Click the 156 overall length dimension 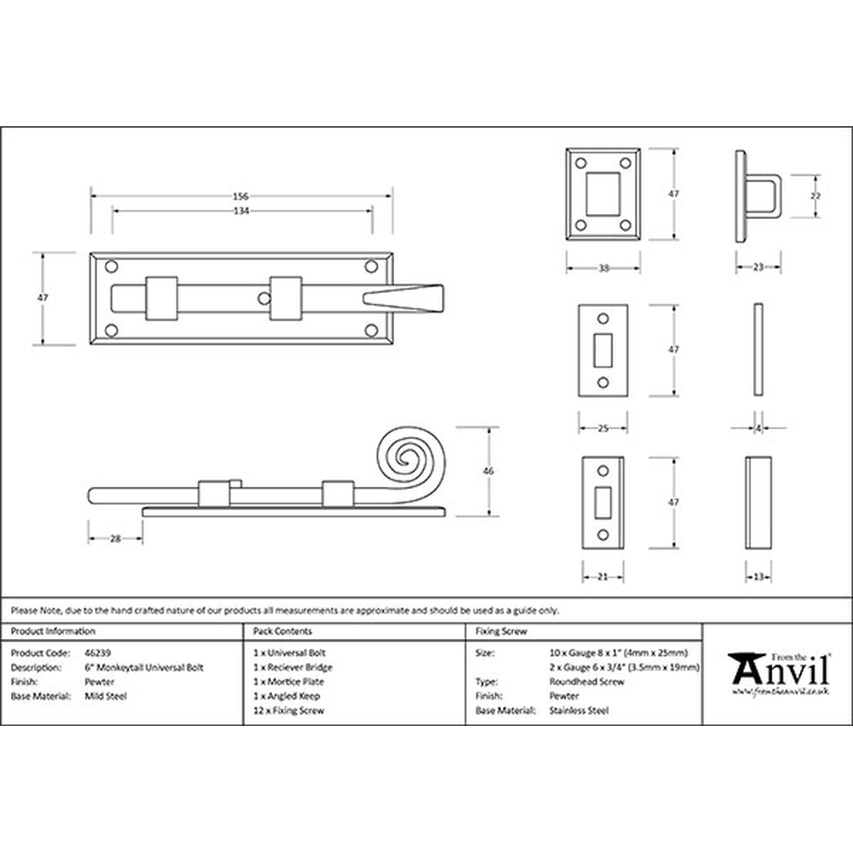click(x=241, y=196)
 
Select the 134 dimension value click(x=241, y=211)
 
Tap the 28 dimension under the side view click(x=115, y=539)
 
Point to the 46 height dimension click(x=489, y=471)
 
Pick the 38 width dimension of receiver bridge click(x=603, y=268)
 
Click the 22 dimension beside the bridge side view click(x=815, y=196)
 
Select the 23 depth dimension click(x=758, y=267)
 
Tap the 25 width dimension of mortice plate click(x=603, y=429)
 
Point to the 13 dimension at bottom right click(x=758, y=577)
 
